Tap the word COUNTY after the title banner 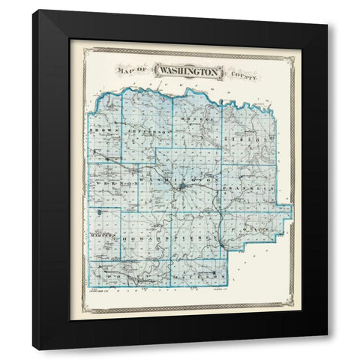pos(244,72)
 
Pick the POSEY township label pos(124,277)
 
